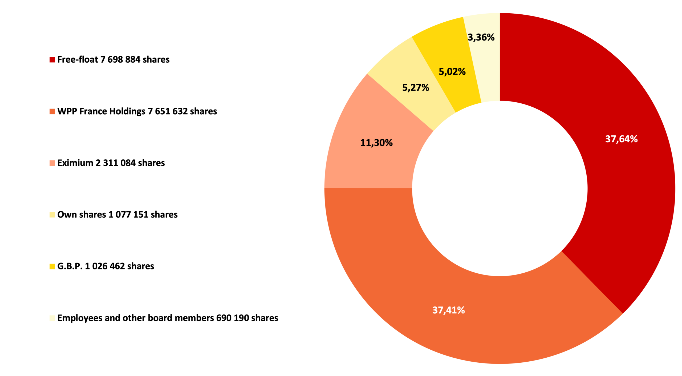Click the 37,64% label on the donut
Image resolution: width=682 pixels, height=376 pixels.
[621, 139]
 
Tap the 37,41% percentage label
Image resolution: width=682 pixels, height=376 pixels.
[448, 310]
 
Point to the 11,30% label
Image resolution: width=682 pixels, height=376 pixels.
[376, 143]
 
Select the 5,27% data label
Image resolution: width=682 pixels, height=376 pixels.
[416, 87]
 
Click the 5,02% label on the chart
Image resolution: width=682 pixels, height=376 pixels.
[452, 71]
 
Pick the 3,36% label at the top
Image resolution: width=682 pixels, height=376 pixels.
[481, 37]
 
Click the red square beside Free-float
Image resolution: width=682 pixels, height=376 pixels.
[52, 59]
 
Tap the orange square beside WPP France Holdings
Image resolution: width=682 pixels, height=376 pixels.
[52, 111]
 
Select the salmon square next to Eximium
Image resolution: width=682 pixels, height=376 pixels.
[52, 163]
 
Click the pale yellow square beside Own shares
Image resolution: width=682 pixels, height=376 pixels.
[52, 215]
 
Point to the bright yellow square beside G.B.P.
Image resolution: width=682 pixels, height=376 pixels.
[52, 266]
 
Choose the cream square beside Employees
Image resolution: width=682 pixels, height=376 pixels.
[52, 318]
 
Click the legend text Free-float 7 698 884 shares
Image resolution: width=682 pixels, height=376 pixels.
[113, 59]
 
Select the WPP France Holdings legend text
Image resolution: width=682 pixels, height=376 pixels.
[137, 111]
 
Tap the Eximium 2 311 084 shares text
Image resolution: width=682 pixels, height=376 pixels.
[111, 163]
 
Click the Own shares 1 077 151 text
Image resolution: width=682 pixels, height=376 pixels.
[117, 215]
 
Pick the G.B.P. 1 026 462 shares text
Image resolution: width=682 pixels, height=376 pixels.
[106, 266]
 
